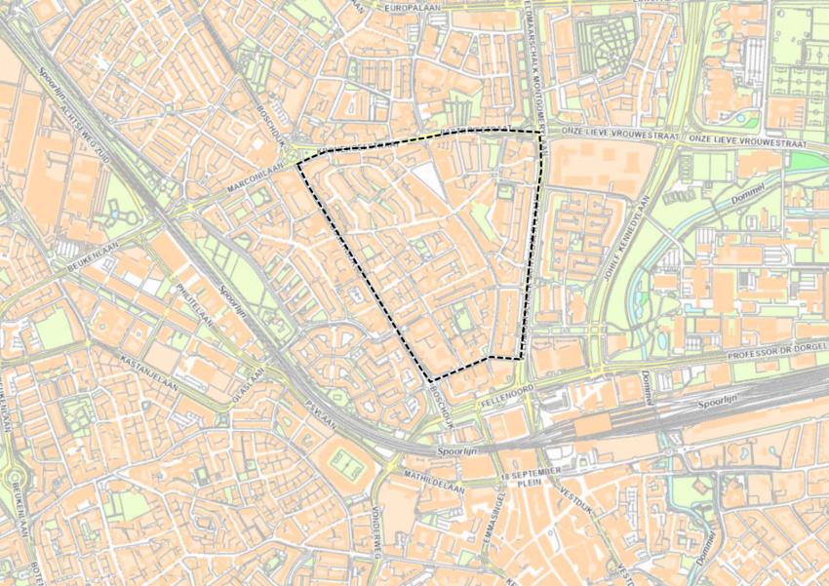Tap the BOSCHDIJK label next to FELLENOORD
[x=442, y=401]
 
